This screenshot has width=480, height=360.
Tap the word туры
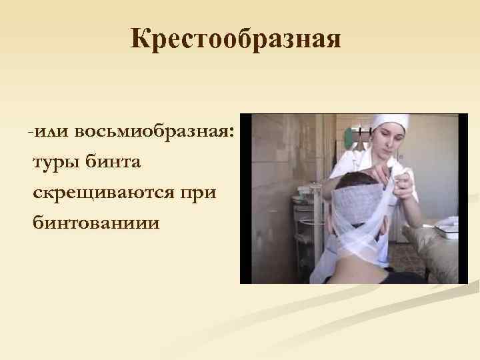(x=53, y=162)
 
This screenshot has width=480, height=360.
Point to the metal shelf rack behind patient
(x=306, y=227)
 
